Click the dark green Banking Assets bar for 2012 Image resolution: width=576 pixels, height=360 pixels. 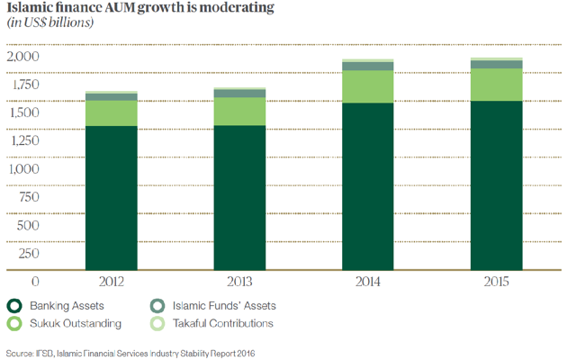pos(111,197)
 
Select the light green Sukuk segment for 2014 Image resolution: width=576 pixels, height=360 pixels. pos(367,86)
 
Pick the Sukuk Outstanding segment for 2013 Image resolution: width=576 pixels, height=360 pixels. pos(238,111)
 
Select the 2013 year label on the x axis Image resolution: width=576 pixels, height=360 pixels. pos(238,282)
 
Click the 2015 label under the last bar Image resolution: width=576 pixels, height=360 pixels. pos(495,282)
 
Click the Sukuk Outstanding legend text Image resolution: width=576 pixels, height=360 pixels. pos(77,323)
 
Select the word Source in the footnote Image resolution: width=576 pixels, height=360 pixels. pos(19,352)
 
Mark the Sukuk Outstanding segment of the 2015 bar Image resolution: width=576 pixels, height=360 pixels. pos(495,85)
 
